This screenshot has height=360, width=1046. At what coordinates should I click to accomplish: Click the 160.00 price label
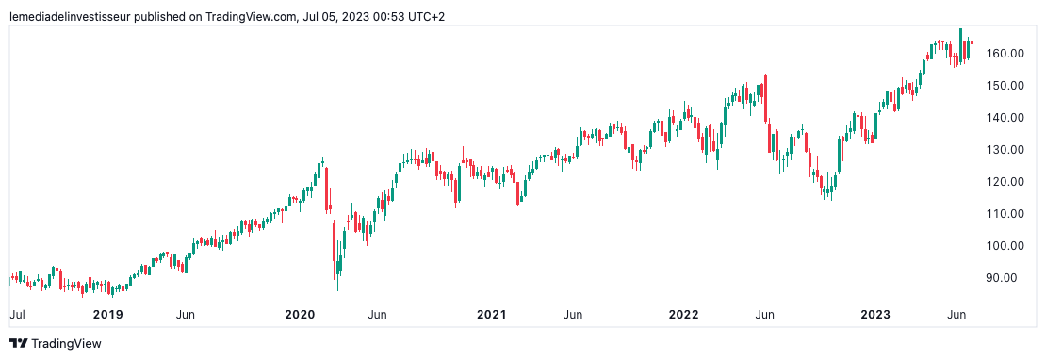pyautogui.click(x=1005, y=54)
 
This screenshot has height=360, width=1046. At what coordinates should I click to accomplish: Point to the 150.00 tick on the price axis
pyautogui.click(x=1005, y=86)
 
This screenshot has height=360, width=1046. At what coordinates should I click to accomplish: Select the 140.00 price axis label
pyautogui.click(x=1005, y=118)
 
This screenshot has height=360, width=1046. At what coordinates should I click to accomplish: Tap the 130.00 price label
pyautogui.click(x=1005, y=150)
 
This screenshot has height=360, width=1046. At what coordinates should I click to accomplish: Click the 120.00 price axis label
pyautogui.click(x=1005, y=182)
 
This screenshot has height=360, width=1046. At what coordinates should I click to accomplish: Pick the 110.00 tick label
pyautogui.click(x=1005, y=214)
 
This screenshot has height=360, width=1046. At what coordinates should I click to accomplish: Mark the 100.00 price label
pyautogui.click(x=1005, y=246)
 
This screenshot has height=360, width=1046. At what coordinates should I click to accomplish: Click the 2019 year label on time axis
pyautogui.click(x=108, y=314)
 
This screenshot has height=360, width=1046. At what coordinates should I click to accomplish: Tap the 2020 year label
pyautogui.click(x=300, y=314)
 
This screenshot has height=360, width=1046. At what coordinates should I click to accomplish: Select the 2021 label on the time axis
pyautogui.click(x=491, y=314)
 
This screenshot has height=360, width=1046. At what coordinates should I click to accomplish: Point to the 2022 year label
pyautogui.click(x=682, y=314)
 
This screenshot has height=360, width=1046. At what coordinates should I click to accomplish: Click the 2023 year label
pyautogui.click(x=874, y=314)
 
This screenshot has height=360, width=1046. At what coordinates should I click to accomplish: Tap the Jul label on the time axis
pyautogui.click(x=16, y=314)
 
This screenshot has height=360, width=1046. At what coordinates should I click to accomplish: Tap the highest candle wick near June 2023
pyautogui.click(x=960, y=31)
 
